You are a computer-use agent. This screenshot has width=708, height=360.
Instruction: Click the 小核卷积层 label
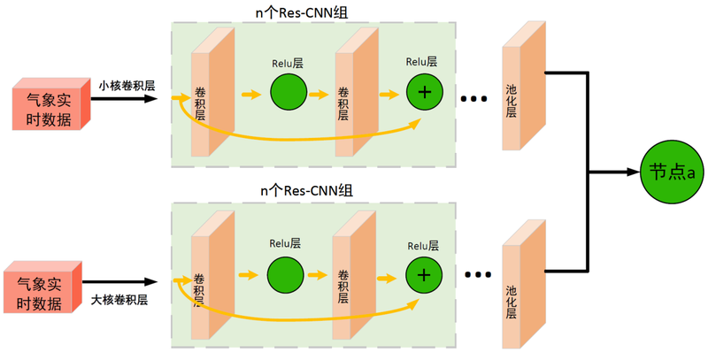coord(127,86)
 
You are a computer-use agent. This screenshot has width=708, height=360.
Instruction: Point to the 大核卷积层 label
coord(119,300)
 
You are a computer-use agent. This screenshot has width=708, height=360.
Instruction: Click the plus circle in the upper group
coord(425,93)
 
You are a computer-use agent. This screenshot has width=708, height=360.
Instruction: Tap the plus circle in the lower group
coord(424,275)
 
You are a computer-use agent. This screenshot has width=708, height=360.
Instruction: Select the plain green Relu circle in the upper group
coord(288,93)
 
